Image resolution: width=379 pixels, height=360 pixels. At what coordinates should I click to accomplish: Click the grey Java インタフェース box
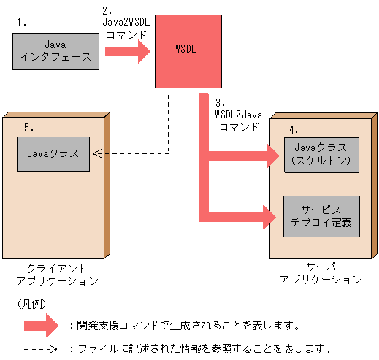point(55,50)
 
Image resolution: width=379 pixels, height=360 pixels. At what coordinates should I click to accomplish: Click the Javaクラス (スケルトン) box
point(321,153)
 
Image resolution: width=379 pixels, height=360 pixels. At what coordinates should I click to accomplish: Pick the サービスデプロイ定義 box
point(321,215)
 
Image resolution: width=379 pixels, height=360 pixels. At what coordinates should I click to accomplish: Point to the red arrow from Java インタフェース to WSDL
point(126,52)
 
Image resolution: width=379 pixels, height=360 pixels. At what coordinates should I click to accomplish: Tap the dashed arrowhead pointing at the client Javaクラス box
point(97,153)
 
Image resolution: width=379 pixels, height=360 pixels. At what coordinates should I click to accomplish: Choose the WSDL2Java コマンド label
point(237,115)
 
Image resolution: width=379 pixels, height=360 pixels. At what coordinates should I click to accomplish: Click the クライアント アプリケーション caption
point(56,275)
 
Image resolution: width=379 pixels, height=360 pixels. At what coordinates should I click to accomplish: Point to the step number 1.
point(20,23)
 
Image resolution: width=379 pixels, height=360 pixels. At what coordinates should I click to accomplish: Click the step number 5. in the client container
point(28,127)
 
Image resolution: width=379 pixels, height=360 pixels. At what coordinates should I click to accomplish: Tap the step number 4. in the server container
point(293,129)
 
